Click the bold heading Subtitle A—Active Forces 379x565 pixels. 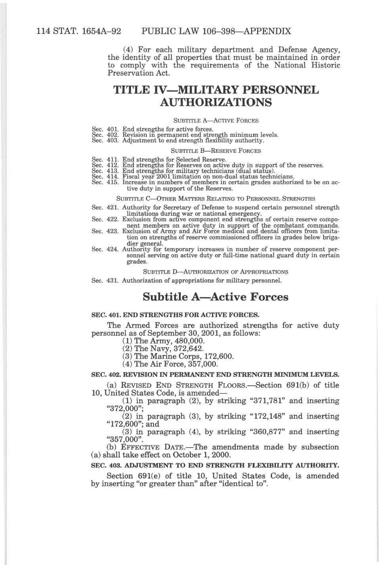tap(215, 297)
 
